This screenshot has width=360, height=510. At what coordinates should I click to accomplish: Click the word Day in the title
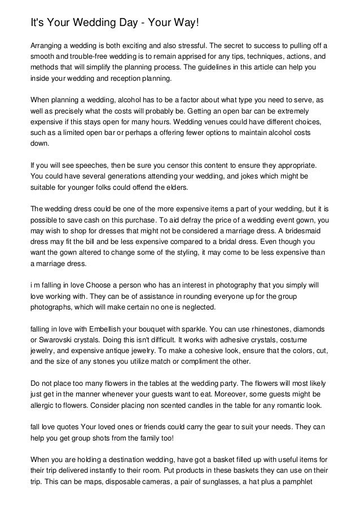coord(128,22)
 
